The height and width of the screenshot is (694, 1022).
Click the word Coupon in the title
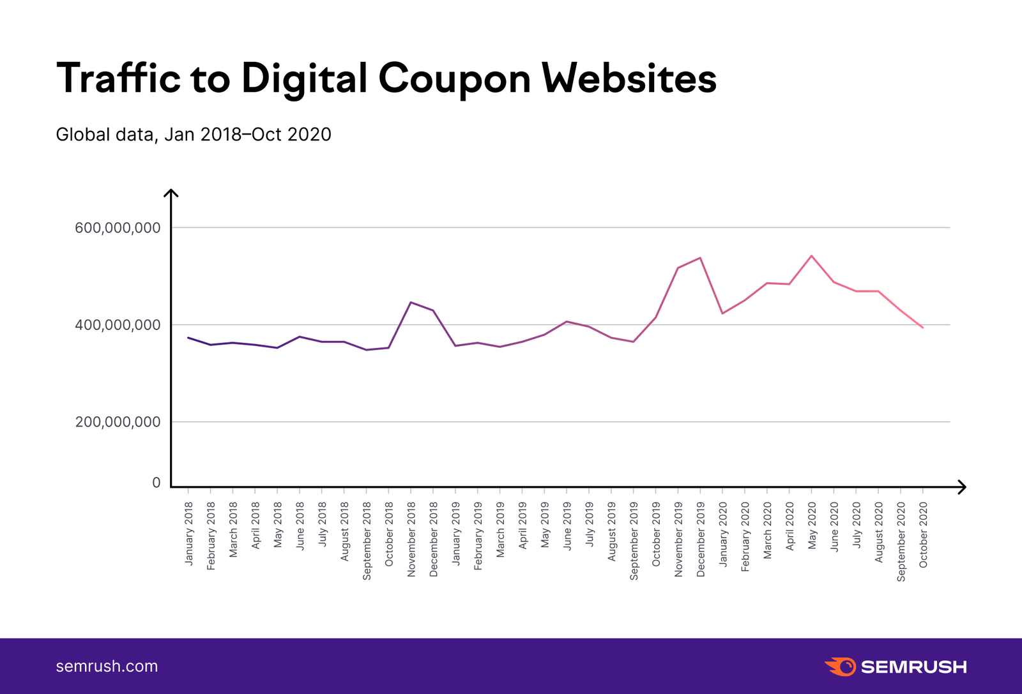tap(454, 79)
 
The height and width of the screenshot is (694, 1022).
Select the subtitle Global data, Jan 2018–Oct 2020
tap(194, 135)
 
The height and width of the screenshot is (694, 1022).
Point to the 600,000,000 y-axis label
tap(118, 228)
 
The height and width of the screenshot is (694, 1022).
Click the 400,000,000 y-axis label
tap(118, 325)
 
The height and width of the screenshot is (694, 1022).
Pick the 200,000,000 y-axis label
tap(118, 422)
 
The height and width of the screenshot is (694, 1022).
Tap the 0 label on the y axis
tap(156, 483)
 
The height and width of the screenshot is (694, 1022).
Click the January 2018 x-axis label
tap(188, 534)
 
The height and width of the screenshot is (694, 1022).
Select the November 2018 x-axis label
tap(411, 539)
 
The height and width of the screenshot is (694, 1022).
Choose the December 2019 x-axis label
tap(701, 539)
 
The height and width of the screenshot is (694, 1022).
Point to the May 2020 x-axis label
tap(812, 525)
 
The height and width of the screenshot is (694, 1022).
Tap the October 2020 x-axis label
tap(923, 535)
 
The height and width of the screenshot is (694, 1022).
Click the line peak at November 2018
tap(411, 302)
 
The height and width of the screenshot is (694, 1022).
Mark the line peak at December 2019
tap(701, 258)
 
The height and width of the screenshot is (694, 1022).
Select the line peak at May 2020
tap(811, 256)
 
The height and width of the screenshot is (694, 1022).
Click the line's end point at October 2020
tap(922, 328)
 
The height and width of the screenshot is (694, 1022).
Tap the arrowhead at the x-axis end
tap(963, 487)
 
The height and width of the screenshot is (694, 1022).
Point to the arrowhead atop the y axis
tap(171, 193)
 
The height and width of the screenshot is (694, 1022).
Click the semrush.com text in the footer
tap(107, 667)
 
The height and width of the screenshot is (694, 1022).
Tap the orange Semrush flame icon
tap(841, 667)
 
